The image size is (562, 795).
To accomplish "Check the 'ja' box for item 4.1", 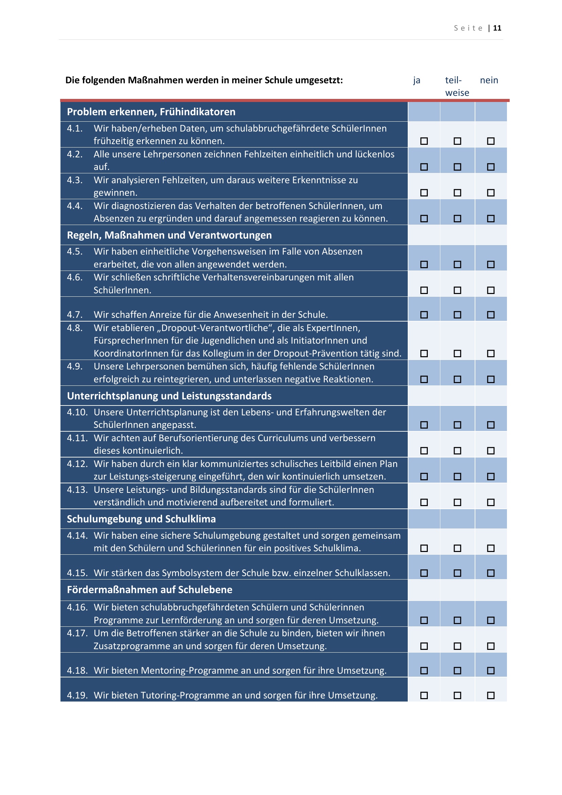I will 424,141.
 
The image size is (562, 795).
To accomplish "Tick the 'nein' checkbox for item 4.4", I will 491,219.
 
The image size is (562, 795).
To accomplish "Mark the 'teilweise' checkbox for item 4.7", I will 457,315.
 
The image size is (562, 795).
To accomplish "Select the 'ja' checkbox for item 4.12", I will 424,477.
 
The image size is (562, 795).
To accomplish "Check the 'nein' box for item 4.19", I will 491,695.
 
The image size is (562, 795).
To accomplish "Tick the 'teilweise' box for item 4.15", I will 457,573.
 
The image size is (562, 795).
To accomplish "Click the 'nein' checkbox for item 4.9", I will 491,379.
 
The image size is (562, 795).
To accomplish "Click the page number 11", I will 497,28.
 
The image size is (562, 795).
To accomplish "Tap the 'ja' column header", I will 417,80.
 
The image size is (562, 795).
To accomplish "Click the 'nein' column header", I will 489,80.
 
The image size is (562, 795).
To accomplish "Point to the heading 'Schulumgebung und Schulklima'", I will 141,519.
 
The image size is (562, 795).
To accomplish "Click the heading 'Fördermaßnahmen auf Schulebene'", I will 150,590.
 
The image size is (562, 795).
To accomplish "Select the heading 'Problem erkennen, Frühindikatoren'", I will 151,112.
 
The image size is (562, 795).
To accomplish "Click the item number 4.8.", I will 75,328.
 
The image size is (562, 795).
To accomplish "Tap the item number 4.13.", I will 77,489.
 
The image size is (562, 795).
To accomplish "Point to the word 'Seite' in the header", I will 468,28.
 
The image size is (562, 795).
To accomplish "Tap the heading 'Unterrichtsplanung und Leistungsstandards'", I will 169,396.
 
